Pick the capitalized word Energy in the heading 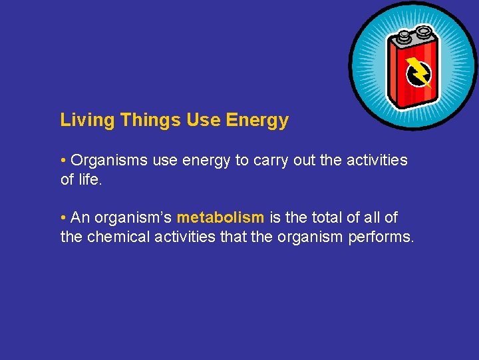pos(257,120)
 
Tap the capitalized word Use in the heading pos(203,120)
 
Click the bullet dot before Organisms pos(63,161)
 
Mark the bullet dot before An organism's pos(63,217)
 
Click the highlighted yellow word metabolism pos(220,217)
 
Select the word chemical pos(119,237)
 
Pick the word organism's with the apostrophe pos(133,217)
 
